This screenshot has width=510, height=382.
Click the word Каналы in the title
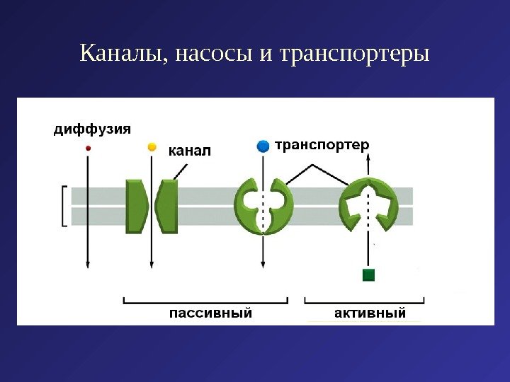(x=121, y=54)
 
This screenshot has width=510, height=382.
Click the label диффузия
(x=92, y=129)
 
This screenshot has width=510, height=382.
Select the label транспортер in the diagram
(x=322, y=145)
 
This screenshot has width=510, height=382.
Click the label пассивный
(x=210, y=313)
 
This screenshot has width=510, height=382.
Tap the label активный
(x=369, y=313)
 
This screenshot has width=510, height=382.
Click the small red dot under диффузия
(x=89, y=148)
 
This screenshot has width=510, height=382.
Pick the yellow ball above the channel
(x=151, y=147)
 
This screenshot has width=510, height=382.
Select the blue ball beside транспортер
(x=263, y=146)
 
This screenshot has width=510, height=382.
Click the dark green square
(x=368, y=275)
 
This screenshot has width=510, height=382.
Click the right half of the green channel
(x=168, y=206)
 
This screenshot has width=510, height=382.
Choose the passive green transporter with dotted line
(x=263, y=206)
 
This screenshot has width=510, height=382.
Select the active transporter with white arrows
(x=368, y=206)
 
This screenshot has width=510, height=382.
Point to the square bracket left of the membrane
(x=64, y=206)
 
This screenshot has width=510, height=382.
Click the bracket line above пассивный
(x=206, y=301)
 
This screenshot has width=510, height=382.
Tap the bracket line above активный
(x=364, y=301)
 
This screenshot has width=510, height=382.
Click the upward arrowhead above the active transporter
(x=368, y=181)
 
